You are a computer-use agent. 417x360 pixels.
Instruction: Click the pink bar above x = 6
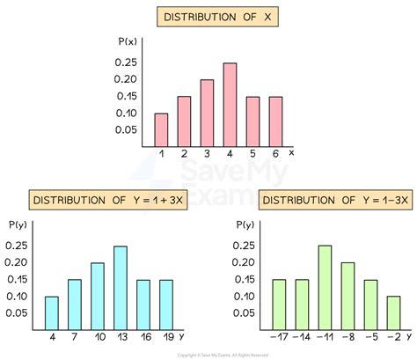click(x=274, y=121)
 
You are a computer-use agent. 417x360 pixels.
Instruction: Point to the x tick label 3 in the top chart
click(x=206, y=154)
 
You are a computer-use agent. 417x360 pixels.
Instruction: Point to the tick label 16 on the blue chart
click(x=143, y=337)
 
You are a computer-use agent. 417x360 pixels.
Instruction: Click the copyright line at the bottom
click(x=208, y=354)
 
